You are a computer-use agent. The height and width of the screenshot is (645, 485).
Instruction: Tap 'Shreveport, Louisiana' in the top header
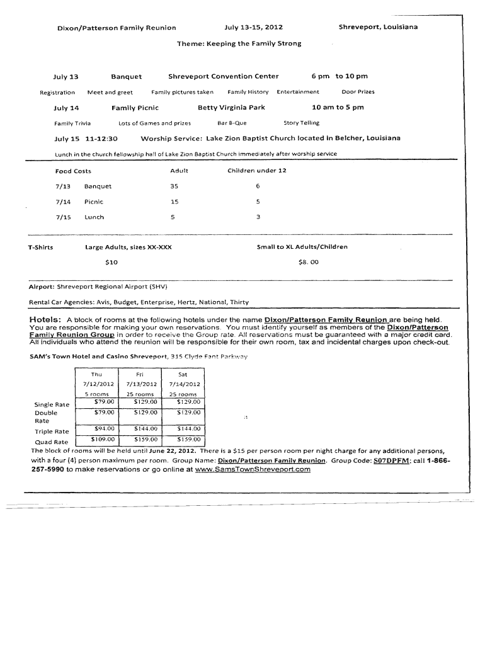[x=378, y=27]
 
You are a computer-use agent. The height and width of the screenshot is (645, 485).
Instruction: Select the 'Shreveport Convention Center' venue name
[x=223, y=76]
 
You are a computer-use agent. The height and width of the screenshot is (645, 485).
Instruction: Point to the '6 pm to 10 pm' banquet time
[x=339, y=76]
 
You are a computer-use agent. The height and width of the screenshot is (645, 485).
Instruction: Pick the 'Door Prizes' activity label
[x=358, y=92]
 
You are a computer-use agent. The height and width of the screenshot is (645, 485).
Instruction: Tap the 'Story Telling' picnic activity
[x=302, y=123]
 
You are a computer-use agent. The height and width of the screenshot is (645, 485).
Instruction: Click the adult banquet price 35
[x=174, y=186]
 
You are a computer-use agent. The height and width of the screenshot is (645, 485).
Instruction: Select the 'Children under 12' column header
[x=257, y=171]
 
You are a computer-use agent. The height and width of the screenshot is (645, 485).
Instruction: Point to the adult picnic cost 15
[x=174, y=202]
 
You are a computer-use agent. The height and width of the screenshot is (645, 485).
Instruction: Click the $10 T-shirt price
[x=111, y=261]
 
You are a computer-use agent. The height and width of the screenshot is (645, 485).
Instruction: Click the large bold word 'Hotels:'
[x=45, y=319]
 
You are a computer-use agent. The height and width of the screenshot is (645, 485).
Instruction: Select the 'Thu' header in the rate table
[x=96, y=374]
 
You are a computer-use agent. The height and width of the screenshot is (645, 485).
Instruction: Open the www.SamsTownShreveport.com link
[x=253, y=469]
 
